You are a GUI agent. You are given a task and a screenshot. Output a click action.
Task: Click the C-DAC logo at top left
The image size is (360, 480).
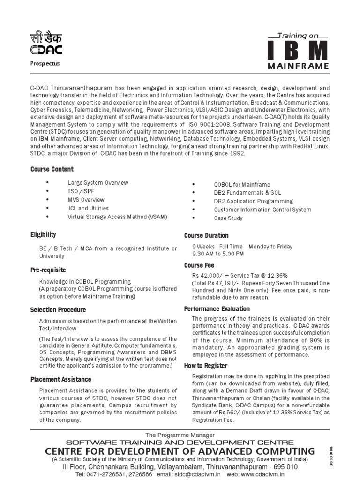pos(46,44)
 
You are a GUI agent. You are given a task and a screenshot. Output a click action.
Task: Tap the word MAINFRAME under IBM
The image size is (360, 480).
pos(298,66)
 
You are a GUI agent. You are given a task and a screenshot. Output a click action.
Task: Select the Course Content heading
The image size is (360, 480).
pos(52,169)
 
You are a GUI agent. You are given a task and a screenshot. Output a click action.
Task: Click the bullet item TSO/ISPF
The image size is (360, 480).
pos(81,191)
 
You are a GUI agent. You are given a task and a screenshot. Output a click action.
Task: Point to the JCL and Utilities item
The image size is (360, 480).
pos(88,208)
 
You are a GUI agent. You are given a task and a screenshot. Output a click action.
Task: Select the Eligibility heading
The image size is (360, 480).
pos(43,234)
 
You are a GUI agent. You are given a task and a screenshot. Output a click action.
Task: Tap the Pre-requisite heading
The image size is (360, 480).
pos(48,270)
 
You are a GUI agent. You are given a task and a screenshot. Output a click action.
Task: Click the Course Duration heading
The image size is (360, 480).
pos(206,235)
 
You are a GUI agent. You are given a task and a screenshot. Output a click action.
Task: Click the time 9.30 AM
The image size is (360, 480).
pos(205,254)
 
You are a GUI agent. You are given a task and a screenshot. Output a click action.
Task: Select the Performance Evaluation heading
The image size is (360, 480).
pos(217,309)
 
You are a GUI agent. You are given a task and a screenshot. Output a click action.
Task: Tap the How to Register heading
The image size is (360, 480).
pos(206,366)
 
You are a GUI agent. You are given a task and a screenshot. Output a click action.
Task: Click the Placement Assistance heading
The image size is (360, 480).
pos(61,379)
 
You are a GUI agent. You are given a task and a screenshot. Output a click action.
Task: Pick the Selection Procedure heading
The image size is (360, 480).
pos(58,310)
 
